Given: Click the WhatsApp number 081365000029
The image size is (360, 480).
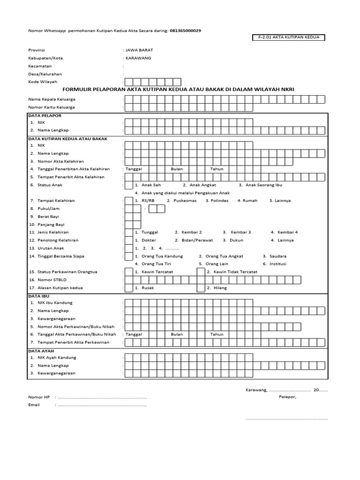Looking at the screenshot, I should pyautogui.click(x=185, y=30).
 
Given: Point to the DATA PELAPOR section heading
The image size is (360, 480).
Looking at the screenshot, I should pyautogui.click(x=45, y=115).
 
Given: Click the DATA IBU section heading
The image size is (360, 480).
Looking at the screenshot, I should pyautogui.click(x=38, y=297).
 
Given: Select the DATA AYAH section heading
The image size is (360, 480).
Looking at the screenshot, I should pyautogui.click(x=40, y=350).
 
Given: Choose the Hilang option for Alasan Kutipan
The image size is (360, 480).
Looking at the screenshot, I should pyautogui.click(x=219, y=288).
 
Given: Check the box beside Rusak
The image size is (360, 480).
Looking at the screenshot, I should pyautogui.click(x=128, y=288).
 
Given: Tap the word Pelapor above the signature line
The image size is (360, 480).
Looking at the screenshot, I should pyautogui.click(x=287, y=397).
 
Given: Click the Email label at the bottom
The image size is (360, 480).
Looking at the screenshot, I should pyautogui.click(x=34, y=405).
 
